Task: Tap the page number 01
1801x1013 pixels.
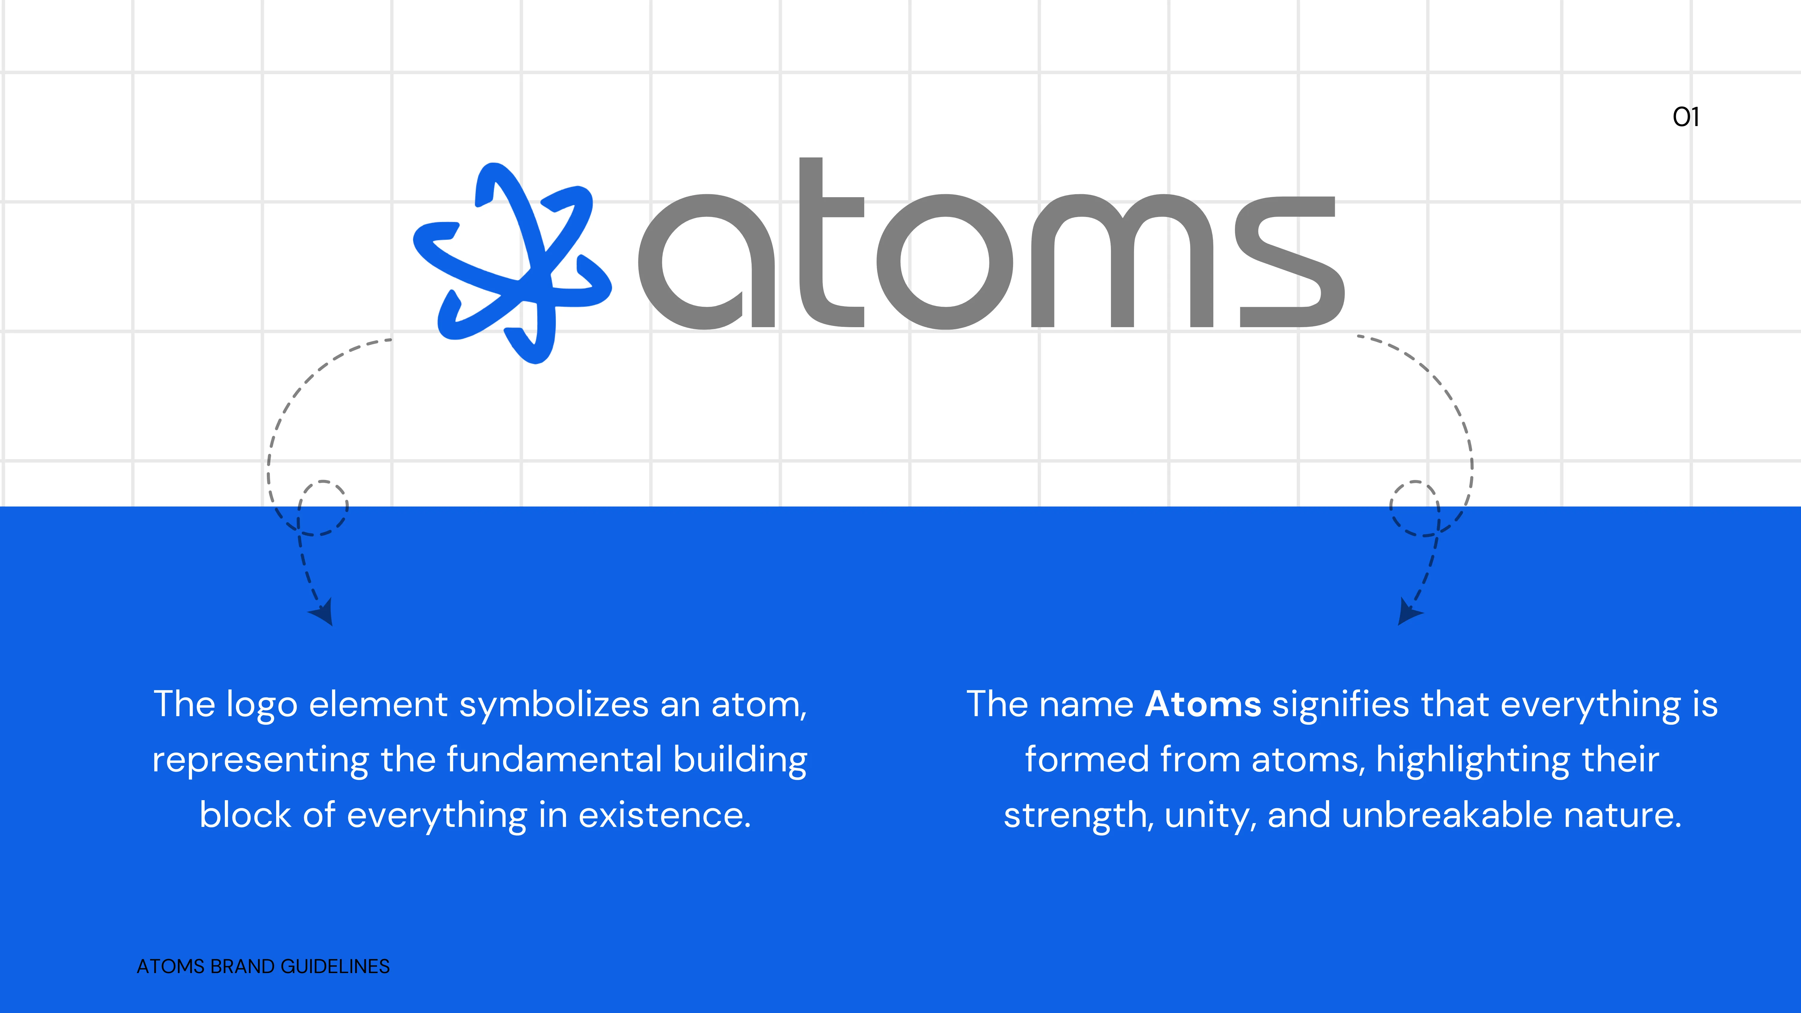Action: (x=1686, y=117)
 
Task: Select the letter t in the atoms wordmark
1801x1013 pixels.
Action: (x=831, y=242)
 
